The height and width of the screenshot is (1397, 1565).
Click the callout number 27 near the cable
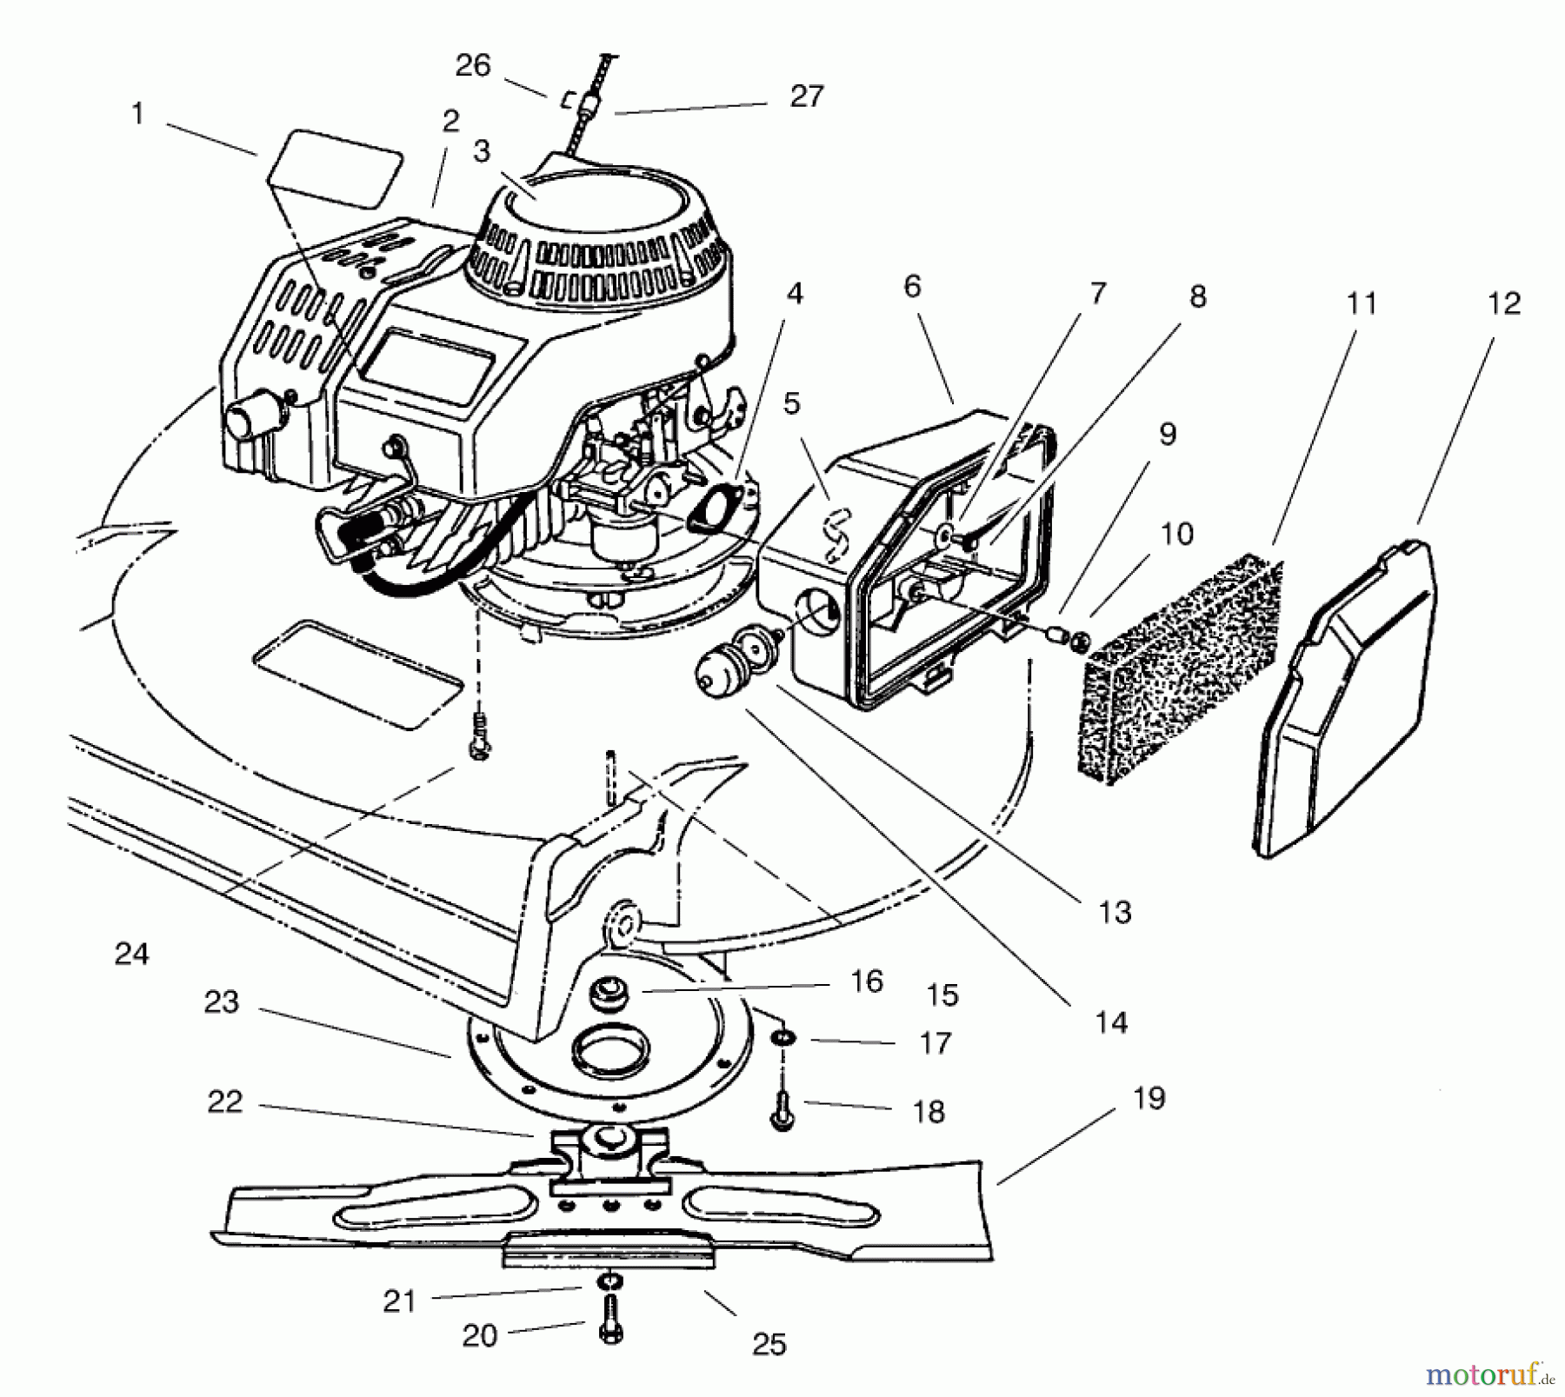[806, 96]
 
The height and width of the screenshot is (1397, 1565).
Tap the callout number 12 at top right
[1503, 303]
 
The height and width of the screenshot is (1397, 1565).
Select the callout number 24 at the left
[131, 954]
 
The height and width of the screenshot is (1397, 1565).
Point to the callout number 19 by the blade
[1149, 1098]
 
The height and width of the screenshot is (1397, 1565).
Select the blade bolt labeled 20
[611, 1331]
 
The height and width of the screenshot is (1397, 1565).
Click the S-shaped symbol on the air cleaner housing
[835, 534]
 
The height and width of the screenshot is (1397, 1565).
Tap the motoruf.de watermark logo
[1488, 1374]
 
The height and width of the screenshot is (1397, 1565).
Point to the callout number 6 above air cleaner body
[911, 286]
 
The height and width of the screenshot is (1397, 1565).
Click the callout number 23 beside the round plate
[221, 1001]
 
